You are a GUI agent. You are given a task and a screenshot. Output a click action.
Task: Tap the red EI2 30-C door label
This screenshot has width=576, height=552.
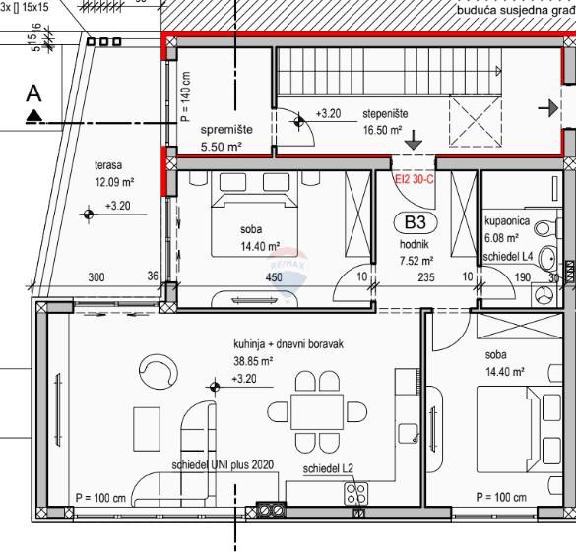415,180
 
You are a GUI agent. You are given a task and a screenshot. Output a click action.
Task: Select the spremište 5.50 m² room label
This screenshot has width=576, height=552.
222,138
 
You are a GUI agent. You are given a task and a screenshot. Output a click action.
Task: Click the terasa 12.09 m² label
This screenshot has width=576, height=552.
114,174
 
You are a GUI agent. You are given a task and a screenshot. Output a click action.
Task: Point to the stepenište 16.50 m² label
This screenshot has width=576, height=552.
383,121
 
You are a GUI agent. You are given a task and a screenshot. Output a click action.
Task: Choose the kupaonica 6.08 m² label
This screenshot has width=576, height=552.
507,230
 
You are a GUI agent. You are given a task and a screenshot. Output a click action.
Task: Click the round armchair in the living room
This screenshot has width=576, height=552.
157,371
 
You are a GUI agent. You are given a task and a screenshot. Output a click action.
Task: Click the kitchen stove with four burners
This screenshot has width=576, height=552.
355,493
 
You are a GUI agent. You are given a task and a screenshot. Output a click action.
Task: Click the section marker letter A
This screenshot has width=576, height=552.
34,94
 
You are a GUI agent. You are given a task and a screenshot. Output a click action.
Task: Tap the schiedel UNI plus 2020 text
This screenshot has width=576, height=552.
222,464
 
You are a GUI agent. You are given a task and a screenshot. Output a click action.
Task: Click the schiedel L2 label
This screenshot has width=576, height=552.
328,469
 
